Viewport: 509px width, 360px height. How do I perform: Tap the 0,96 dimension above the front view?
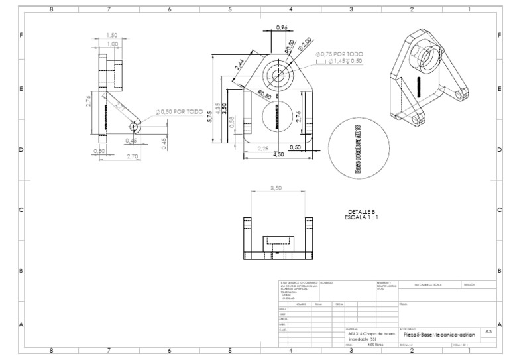click(x=281, y=28)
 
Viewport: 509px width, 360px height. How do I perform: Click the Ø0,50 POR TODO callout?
click(x=179, y=112)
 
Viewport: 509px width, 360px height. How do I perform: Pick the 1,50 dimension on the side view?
click(x=112, y=36)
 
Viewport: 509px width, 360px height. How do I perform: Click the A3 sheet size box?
click(x=488, y=330)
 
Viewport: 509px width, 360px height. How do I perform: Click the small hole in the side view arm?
click(x=134, y=125)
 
